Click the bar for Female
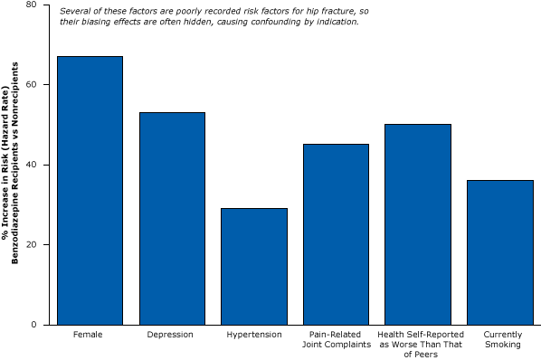90,190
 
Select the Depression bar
172,218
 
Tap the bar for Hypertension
253,266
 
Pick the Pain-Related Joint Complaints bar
336,233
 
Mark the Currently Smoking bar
500,251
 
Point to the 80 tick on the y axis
32,5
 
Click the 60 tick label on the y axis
32,84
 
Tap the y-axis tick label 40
32,165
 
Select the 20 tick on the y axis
32,244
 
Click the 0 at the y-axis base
34,325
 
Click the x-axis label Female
90,335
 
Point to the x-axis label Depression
172,335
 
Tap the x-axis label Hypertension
253,335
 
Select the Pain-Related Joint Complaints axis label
336,339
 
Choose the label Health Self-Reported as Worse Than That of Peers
418,344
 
